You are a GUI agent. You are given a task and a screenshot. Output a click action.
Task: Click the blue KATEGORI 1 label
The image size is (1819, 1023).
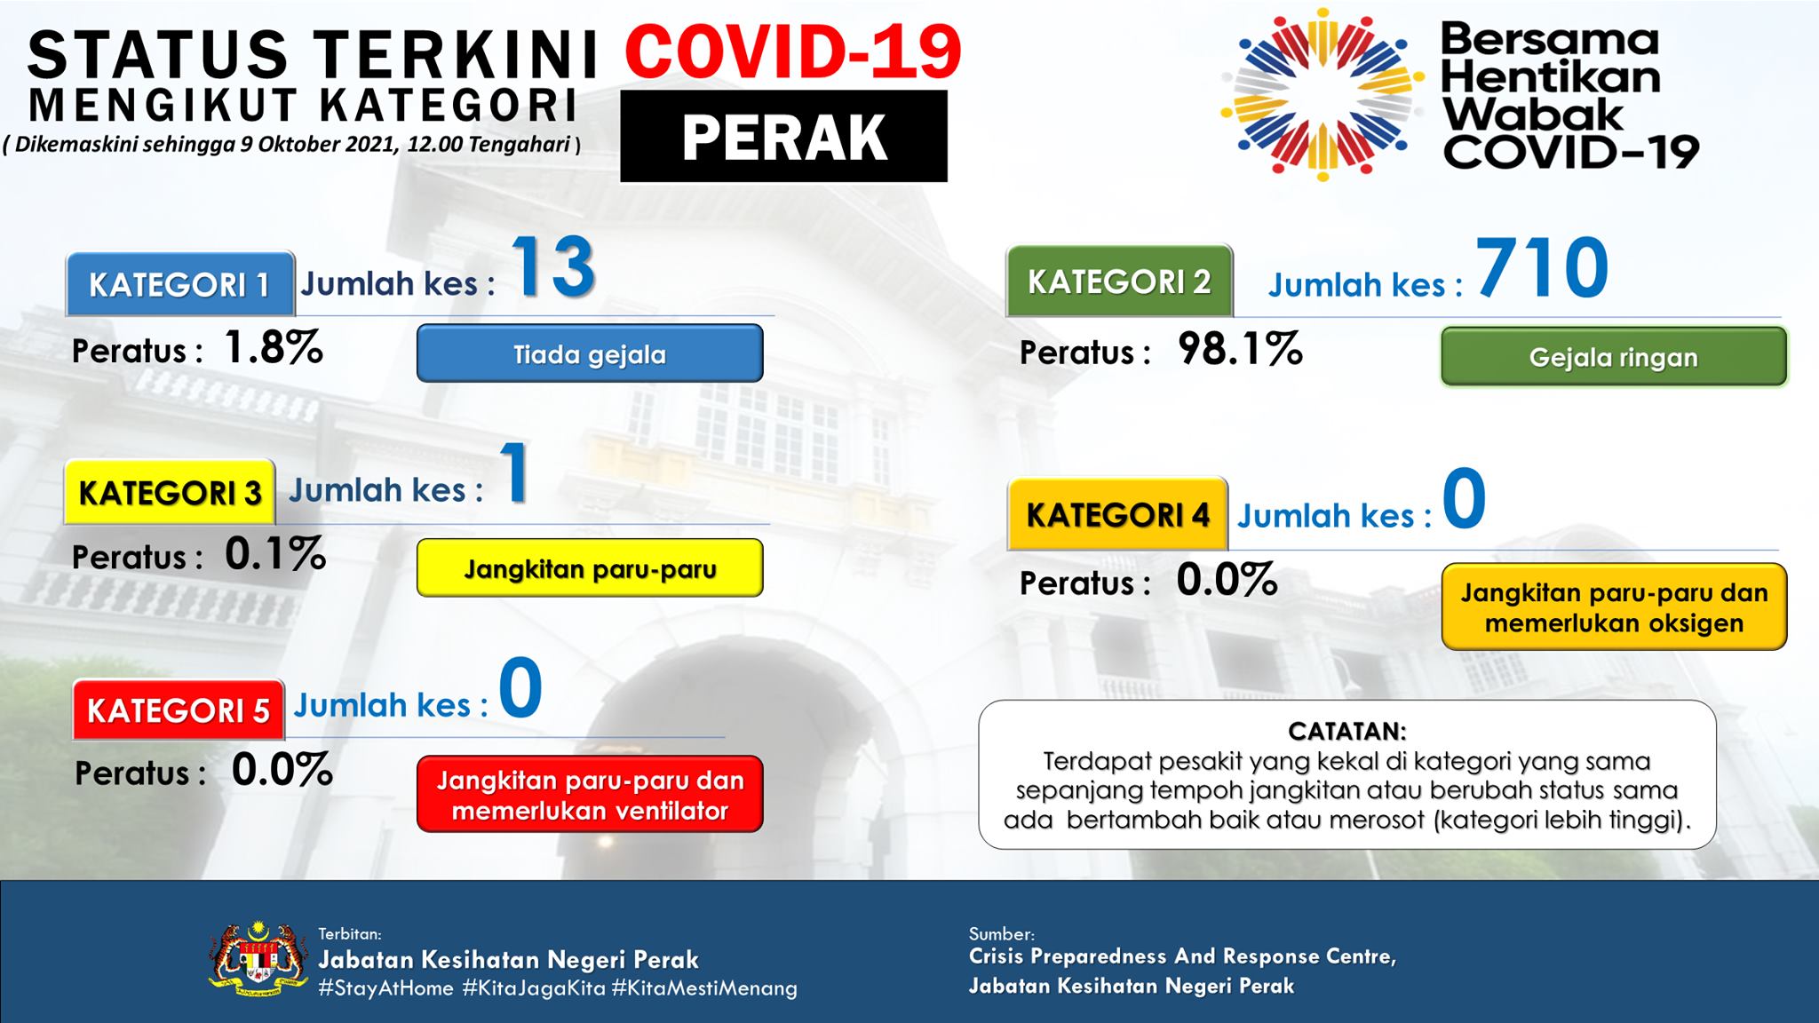click(180, 284)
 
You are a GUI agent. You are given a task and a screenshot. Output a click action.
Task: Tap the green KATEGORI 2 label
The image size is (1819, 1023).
click(1119, 282)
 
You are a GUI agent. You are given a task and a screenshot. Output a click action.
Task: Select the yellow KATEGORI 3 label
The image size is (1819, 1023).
click(170, 492)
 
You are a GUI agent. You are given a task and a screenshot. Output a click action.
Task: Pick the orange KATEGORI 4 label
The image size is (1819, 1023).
click(1117, 514)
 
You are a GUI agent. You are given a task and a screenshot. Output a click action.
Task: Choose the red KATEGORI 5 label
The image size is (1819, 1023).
click(179, 710)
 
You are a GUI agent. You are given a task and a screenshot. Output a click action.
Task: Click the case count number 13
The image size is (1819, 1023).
click(552, 266)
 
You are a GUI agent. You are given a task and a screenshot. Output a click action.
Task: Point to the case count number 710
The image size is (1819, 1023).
click(1543, 267)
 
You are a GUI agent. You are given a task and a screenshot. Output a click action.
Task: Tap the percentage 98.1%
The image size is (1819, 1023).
click(1240, 349)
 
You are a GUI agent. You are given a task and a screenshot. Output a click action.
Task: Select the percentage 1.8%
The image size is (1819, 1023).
click(274, 347)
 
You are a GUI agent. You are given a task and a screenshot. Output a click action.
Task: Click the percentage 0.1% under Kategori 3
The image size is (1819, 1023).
click(275, 554)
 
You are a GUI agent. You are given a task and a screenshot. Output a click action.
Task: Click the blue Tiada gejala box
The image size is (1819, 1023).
click(590, 353)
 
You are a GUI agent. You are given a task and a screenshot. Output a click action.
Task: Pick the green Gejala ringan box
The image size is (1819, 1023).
click(1614, 356)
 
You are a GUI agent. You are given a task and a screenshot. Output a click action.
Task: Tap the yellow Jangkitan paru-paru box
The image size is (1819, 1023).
click(590, 567)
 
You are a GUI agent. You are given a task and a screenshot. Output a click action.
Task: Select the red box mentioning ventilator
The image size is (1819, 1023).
click(590, 794)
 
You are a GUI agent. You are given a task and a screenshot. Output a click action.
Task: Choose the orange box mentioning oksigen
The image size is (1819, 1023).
click(1614, 607)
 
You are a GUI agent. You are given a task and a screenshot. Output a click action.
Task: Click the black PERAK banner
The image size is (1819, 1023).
click(783, 136)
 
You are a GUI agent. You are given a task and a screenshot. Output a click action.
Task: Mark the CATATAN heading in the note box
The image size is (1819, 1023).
click(1347, 732)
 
